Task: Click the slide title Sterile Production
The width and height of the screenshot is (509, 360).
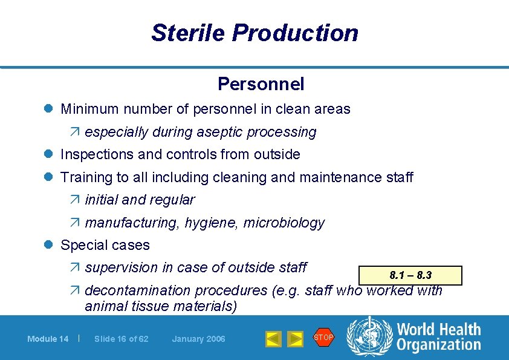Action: click(254, 33)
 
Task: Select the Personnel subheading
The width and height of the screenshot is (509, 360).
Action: click(261, 84)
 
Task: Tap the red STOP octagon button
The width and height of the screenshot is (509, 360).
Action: click(323, 338)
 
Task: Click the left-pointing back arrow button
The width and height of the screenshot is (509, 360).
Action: click(274, 339)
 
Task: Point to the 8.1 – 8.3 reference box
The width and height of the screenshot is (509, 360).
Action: click(410, 275)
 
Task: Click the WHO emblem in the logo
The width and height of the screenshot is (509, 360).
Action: click(369, 336)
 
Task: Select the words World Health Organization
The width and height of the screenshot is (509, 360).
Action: click(438, 337)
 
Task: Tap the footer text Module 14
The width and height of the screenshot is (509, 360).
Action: click(48, 339)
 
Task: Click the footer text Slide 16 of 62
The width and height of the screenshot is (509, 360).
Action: click(121, 339)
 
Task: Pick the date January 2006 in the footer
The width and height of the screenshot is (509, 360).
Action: click(198, 339)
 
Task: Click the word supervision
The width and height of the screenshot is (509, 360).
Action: click(118, 267)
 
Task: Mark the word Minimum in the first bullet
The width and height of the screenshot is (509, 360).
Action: click(88, 110)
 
